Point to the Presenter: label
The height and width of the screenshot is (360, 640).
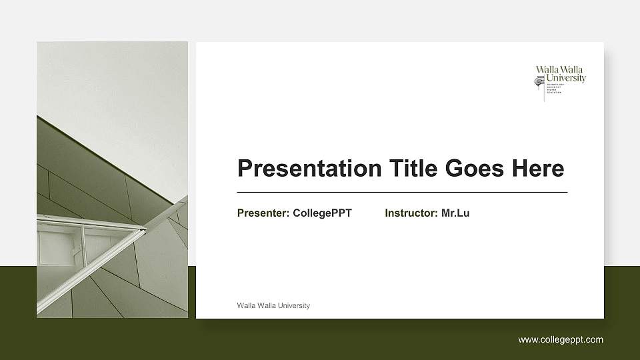(x=263, y=213)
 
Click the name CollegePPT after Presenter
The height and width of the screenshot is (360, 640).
(x=322, y=213)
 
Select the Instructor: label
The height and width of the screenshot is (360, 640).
(x=411, y=213)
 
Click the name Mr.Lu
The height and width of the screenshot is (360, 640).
(x=455, y=213)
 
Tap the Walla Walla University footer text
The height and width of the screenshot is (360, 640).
(x=273, y=305)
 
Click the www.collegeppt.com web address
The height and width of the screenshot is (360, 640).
(x=561, y=340)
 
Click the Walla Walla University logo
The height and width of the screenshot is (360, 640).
(x=560, y=83)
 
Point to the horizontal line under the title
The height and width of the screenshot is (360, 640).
(x=402, y=192)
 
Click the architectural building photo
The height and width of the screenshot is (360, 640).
(x=112, y=180)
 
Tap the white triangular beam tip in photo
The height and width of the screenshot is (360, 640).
(x=142, y=231)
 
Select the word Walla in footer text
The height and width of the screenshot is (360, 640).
(x=245, y=305)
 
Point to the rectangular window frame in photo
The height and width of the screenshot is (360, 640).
(x=60, y=247)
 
